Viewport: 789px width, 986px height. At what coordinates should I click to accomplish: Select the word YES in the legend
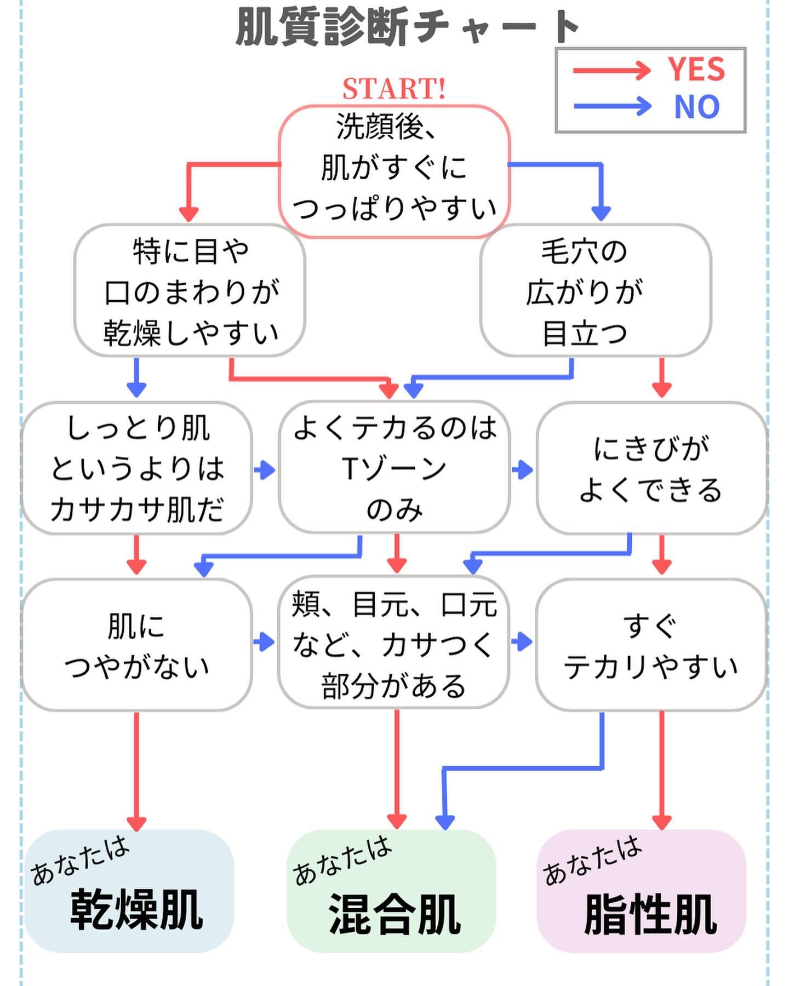pos(696,70)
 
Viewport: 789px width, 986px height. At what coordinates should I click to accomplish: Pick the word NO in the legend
pos(696,107)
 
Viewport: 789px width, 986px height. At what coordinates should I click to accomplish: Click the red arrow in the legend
pos(611,71)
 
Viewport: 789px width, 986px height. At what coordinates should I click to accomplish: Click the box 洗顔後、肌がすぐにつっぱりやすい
pos(395,170)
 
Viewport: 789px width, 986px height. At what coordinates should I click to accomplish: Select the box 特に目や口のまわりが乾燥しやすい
pos(190,291)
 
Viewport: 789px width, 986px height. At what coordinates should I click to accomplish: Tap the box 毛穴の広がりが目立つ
pos(596,291)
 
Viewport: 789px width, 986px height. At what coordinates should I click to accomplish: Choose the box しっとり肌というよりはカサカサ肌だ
pos(137,468)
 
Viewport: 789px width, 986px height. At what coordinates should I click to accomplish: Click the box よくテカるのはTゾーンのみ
pos(395,468)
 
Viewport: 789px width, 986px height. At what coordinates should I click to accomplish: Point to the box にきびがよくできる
pos(651,468)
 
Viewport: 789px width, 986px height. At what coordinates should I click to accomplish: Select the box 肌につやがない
pos(137,645)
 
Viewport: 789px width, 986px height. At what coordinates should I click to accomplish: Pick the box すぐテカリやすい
pos(651,645)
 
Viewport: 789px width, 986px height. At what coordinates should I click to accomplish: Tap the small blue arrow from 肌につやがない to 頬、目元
pos(264,641)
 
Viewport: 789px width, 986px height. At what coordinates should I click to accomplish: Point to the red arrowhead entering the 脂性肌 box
pos(662,822)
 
